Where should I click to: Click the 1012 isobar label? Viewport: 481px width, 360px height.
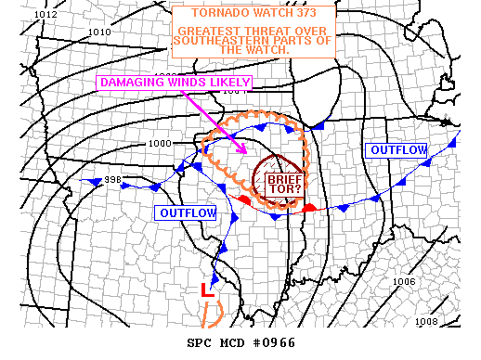point(44,15)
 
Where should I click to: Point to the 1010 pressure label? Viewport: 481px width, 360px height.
point(98,32)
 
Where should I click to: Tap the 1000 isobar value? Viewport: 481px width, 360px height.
point(160,143)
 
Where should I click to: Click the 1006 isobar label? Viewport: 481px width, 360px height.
point(404,281)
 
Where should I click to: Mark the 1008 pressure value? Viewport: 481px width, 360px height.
point(427,321)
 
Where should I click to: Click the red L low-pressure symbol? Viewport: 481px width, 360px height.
point(208,289)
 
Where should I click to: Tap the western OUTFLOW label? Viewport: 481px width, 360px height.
point(186,213)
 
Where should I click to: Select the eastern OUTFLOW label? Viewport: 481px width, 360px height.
point(397,150)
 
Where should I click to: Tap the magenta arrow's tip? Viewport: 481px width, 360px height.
point(246,152)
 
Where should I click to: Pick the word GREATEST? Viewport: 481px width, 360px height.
point(206,31)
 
